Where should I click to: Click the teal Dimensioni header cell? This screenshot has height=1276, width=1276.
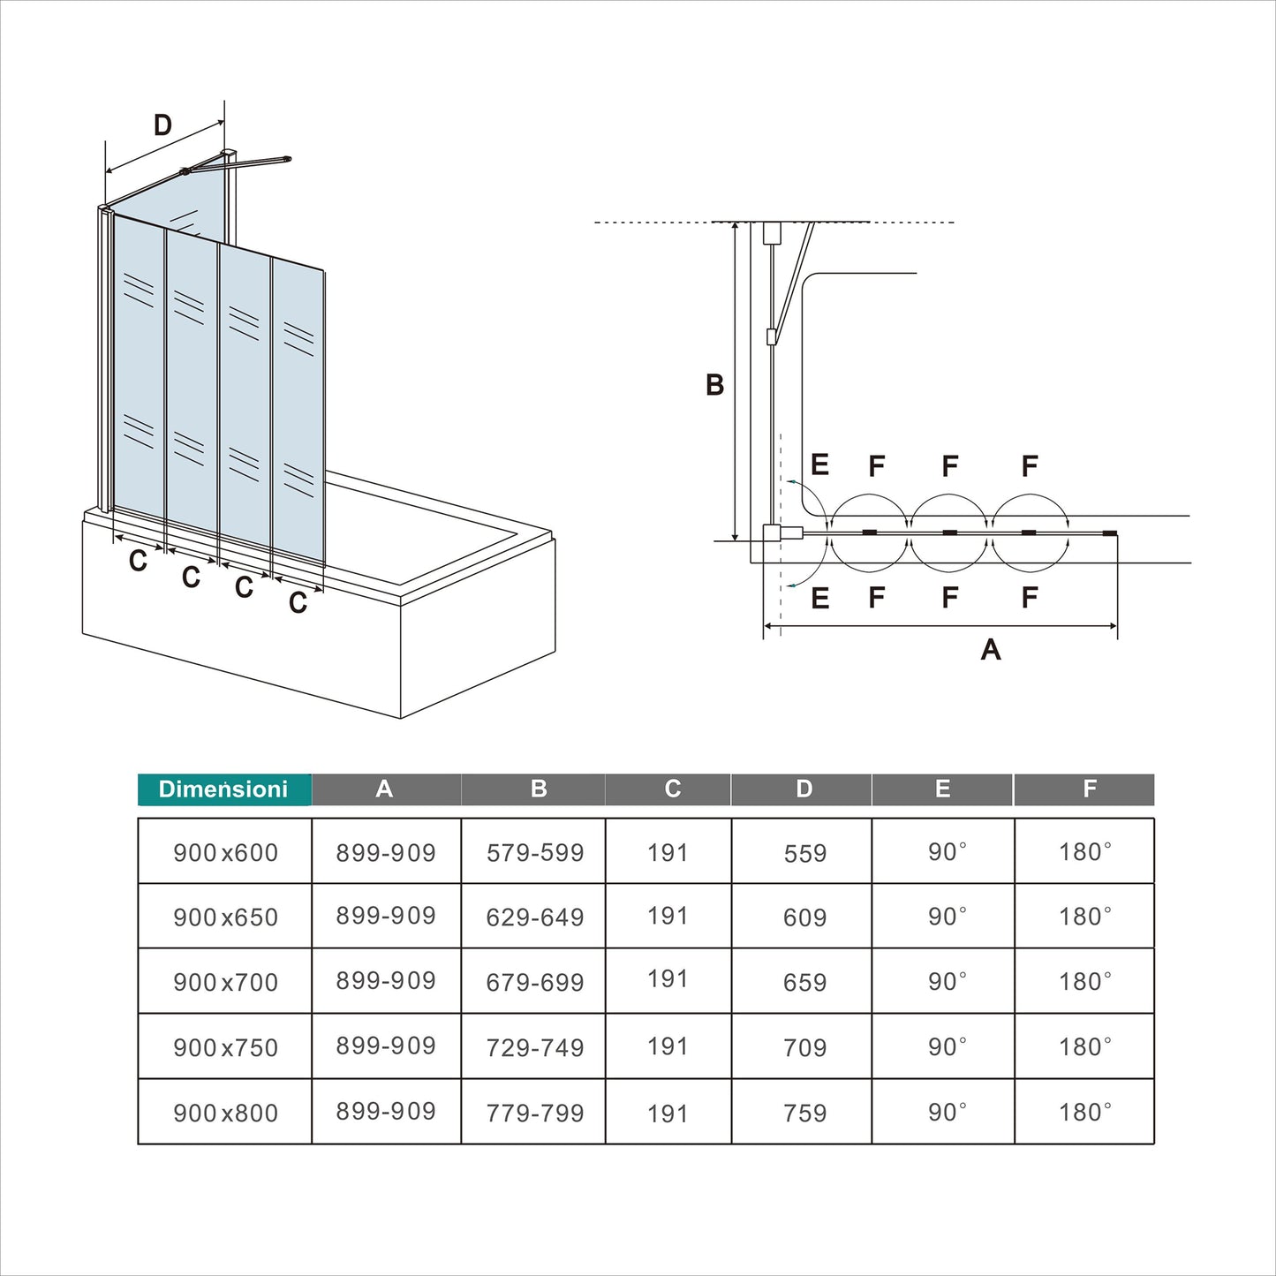point(224,789)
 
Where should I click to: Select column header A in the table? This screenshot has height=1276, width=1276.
point(384,789)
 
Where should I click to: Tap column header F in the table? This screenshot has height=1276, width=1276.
point(1090,789)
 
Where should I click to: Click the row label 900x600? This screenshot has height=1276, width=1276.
point(225,852)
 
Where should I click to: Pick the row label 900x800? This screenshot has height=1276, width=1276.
point(225,1113)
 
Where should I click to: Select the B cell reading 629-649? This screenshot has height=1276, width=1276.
point(535,917)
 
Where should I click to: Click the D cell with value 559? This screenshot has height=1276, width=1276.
point(804,853)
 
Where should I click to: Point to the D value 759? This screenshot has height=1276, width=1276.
point(804,1113)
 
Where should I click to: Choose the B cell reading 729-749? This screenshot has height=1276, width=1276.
point(535,1047)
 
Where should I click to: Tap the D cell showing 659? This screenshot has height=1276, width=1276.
point(804,982)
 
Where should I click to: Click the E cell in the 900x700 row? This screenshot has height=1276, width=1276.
point(947,981)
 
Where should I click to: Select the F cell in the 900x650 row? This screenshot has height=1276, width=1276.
point(1085,917)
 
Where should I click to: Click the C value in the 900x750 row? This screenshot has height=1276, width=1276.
point(667,1046)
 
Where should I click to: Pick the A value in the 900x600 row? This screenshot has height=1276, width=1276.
point(386,852)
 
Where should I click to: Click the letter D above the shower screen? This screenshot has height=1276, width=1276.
point(162,125)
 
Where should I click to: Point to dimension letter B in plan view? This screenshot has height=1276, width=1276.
point(714,385)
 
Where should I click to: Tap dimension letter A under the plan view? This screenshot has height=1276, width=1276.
point(991,650)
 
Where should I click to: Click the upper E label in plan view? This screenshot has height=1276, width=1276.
point(819,465)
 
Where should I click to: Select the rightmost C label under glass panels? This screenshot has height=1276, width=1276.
point(298,602)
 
